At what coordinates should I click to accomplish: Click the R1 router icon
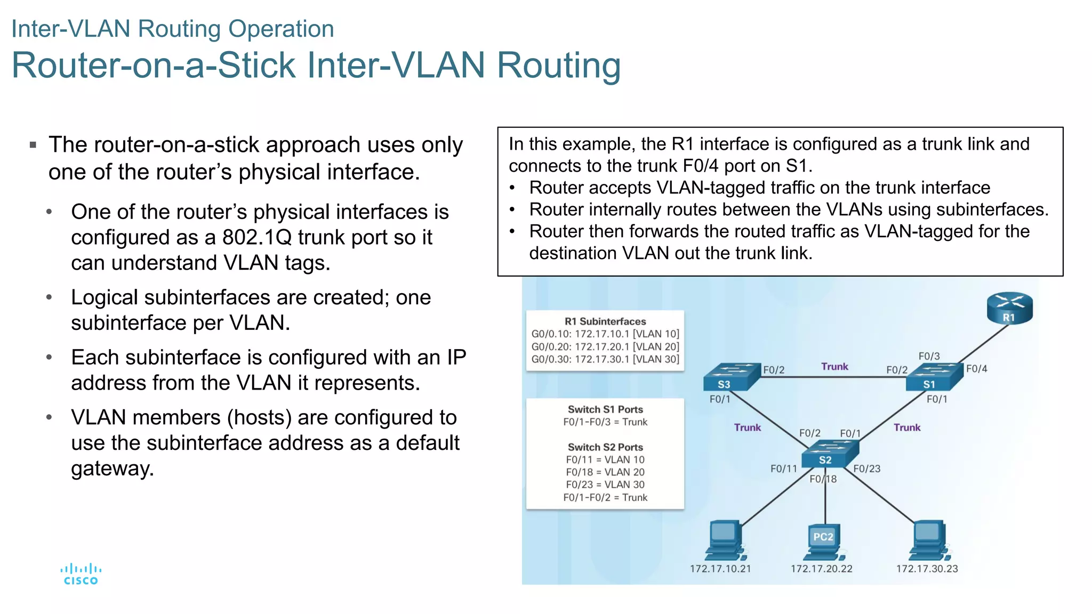pyautogui.click(x=1009, y=308)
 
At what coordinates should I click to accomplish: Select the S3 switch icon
pyautogui.click(x=730, y=377)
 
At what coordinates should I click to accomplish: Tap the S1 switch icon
pyautogui.click(x=935, y=377)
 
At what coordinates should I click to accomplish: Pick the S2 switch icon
pyautogui.click(x=830, y=454)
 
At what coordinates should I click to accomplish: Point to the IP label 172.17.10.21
pyautogui.click(x=720, y=569)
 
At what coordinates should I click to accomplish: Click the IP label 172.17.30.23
pyautogui.click(x=927, y=569)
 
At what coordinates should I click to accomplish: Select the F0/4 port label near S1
pyautogui.click(x=976, y=369)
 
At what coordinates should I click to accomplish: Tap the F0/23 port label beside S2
pyautogui.click(x=866, y=468)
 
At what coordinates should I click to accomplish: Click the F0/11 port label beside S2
pyautogui.click(x=783, y=468)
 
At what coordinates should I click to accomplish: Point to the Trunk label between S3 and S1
pyautogui.click(x=834, y=367)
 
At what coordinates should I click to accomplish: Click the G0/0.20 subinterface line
pyautogui.click(x=605, y=346)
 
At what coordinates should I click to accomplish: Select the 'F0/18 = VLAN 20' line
pyautogui.click(x=605, y=472)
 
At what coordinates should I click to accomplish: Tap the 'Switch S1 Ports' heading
pyautogui.click(x=605, y=409)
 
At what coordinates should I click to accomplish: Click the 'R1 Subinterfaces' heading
pyautogui.click(x=605, y=321)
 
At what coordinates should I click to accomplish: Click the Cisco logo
pyautogui.click(x=81, y=574)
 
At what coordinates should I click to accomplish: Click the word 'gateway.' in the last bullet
pyautogui.click(x=113, y=468)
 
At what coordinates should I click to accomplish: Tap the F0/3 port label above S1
pyautogui.click(x=929, y=356)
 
